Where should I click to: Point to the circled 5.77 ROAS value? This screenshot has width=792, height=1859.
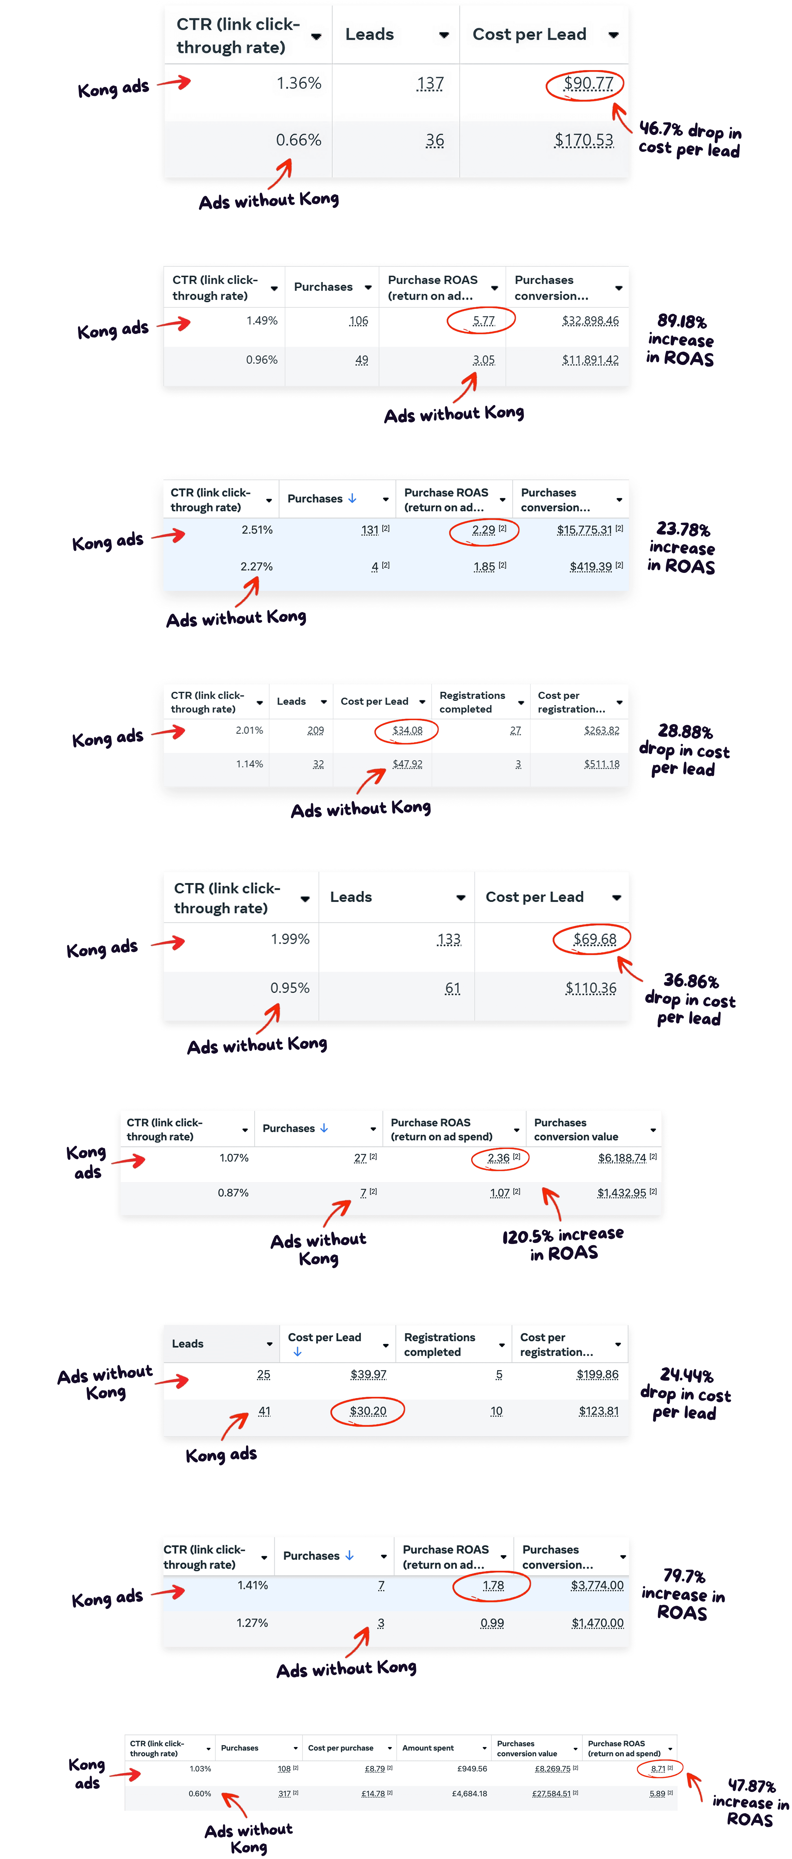(483, 321)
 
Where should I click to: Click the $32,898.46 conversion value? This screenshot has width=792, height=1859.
(590, 321)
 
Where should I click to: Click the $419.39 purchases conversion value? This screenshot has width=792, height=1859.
(590, 567)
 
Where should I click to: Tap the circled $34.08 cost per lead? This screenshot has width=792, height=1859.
(407, 730)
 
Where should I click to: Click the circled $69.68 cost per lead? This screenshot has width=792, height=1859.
(594, 939)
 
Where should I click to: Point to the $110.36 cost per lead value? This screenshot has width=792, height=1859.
(590, 988)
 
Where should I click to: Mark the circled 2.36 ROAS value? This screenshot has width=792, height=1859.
(498, 1158)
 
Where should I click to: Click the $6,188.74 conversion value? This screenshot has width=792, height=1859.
(622, 1158)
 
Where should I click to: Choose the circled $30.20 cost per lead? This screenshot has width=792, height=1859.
(367, 1411)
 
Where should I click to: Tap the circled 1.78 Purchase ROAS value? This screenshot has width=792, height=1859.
(493, 1586)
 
